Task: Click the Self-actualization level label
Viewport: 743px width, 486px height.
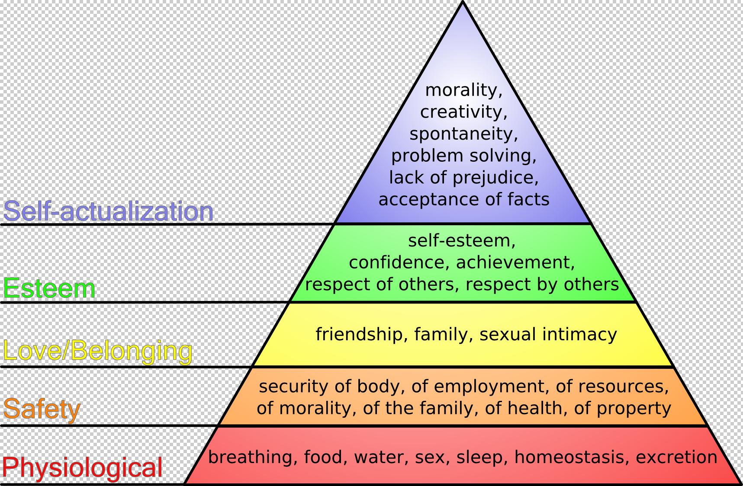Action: [x=108, y=211]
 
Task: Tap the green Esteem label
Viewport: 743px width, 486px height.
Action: [x=49, y=288]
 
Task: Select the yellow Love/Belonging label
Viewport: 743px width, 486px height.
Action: [x=98, y=351]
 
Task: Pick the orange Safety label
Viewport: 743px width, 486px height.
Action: [x=42, y=409]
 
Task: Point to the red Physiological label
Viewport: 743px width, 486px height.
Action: [x=82, y=467]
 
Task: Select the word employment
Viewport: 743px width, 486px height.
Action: [x=479, y=386]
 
